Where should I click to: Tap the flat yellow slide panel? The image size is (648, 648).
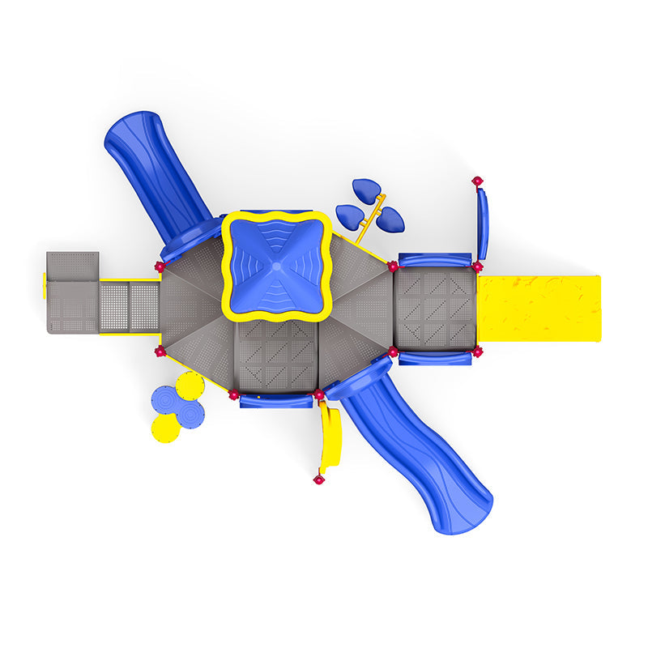(538, 308)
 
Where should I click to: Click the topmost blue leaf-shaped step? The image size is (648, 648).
(367, 191)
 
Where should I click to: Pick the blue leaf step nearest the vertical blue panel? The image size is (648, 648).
(391, 219)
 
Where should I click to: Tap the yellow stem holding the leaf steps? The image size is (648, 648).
(371, 219)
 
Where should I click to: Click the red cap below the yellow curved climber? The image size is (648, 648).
(318, 480)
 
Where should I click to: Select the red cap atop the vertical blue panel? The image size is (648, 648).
(477, 181)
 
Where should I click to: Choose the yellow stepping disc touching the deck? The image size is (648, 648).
(191, 385)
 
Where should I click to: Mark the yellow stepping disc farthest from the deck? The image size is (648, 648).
(166, 428)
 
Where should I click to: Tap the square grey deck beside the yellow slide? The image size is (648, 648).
(435, 309)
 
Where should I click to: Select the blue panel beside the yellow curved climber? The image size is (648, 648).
(275, 399)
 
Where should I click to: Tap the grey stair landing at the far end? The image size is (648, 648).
(72, 292)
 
